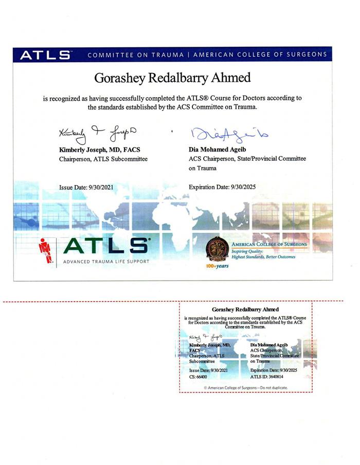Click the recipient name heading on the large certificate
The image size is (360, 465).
pyautogui.click(x=173, y=78)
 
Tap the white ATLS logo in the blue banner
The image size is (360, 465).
pyautogui.click(x=45, y=55)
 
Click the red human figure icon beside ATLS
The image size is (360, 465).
pyautogui.click(x=46, y=252)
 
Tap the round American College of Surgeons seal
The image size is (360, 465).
pyautogui.click(x=217, y=249)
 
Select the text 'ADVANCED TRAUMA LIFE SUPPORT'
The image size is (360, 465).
pyautogui.click(x=106, y=262)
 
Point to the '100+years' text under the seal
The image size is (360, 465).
pyautogui.click(x=217, y=267)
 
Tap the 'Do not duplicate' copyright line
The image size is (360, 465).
pyautogui.click(x=246, y=387)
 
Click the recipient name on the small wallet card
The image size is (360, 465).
pyautogui.click(x=245, y=310)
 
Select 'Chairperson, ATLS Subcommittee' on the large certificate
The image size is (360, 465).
pyautogui.click(x=103, y=159)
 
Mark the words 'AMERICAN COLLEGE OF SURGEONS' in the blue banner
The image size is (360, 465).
pyautogui.click(x=260, y=54)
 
